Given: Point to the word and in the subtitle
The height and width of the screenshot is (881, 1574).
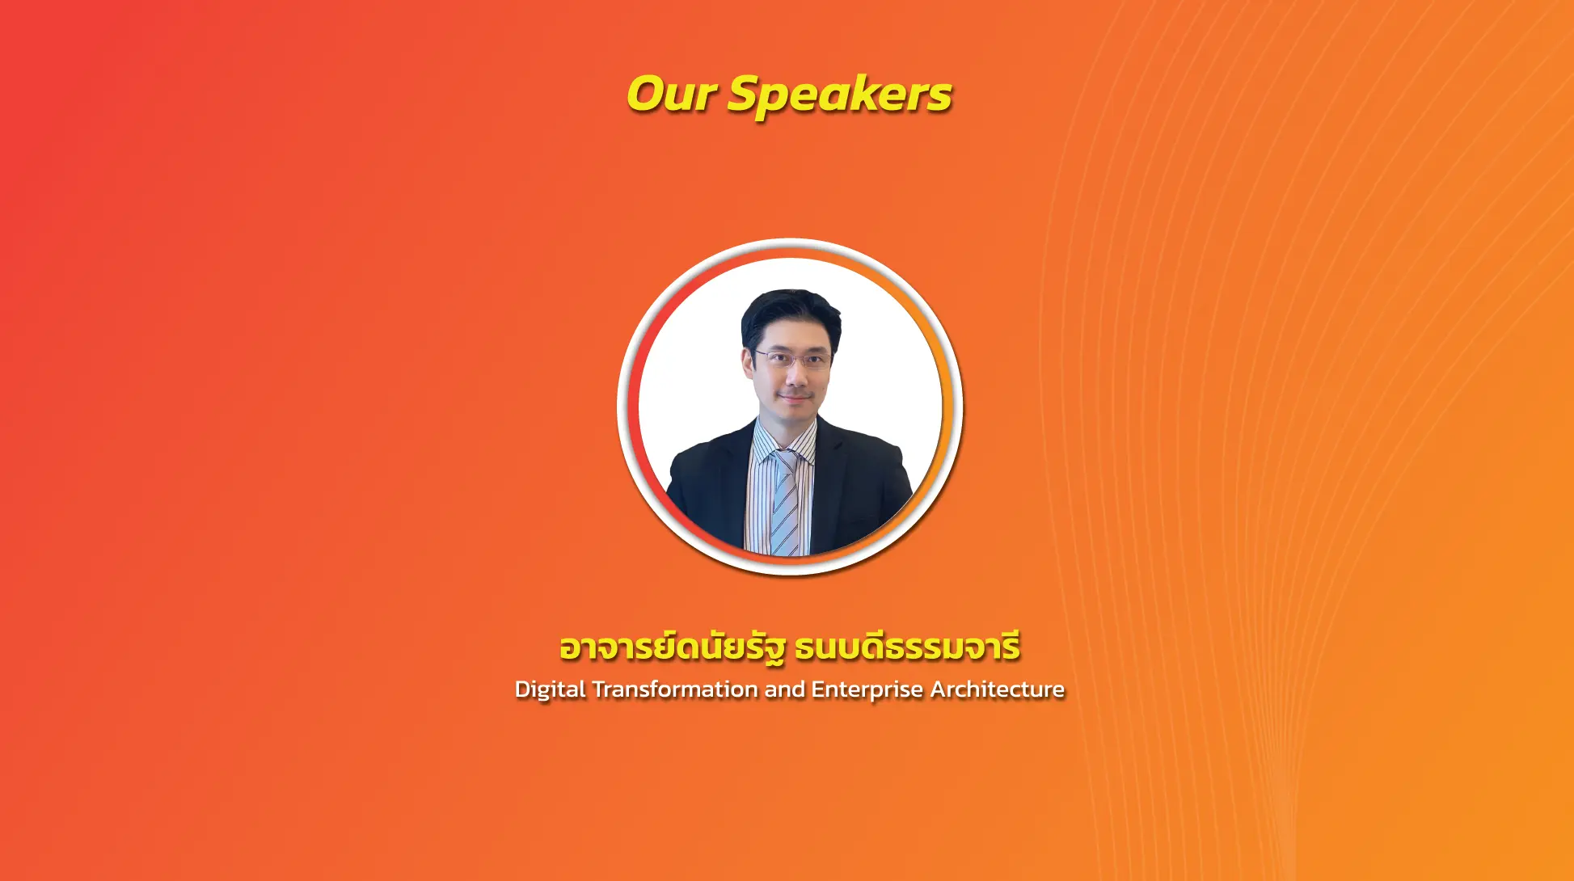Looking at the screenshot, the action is tap(785, 689).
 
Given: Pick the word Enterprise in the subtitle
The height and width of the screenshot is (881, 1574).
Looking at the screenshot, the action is tap(867, 690).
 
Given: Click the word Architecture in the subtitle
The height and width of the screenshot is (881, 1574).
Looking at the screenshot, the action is tap(998, 689).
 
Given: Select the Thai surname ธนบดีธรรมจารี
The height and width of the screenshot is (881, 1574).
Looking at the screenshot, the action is tap(907, 647).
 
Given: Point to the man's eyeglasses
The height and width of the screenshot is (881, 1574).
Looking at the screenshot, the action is tap(791, 359).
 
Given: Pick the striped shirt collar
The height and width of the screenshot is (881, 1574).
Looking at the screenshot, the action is tap(784, 441).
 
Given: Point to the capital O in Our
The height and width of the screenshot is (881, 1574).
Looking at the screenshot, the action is tap(646, 94).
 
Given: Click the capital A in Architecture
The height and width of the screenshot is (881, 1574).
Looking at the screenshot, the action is tap(939, 689).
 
